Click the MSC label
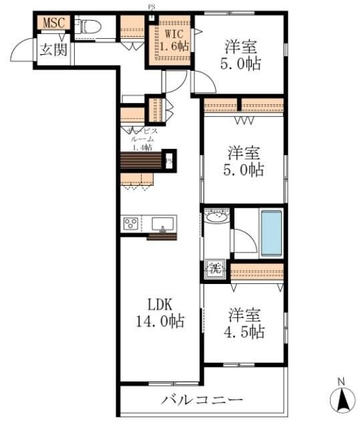[53, 23]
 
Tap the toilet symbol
[89, 27]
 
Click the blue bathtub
[270, 231]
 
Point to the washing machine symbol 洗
[214, 269]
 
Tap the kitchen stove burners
[130, 224]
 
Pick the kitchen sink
[162, 224]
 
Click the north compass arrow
[341, 400]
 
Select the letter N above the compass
[341, 382]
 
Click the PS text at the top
[152, 7]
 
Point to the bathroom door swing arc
[244, 240]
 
